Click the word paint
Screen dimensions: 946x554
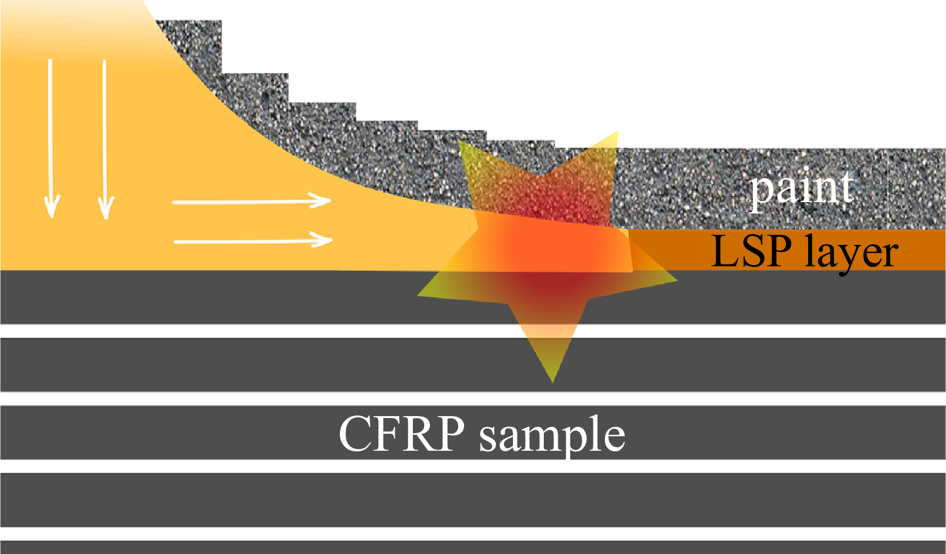point(801,189)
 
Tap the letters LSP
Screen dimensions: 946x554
point(751,251)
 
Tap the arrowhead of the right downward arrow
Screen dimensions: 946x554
point(106,207)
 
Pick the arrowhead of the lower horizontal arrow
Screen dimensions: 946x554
point(322,240)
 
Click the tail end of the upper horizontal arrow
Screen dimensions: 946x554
point(172,203)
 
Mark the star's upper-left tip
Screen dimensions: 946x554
point(459,140)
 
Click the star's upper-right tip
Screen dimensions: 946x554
point(618,131)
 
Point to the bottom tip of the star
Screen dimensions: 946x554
point(553,382)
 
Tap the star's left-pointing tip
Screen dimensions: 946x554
point(418,296)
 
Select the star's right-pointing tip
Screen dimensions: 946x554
point(677,280)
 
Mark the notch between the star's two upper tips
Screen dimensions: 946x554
point(542,176)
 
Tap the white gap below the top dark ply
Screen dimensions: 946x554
point(473,331)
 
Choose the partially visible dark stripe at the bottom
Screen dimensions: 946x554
point(473,547)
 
